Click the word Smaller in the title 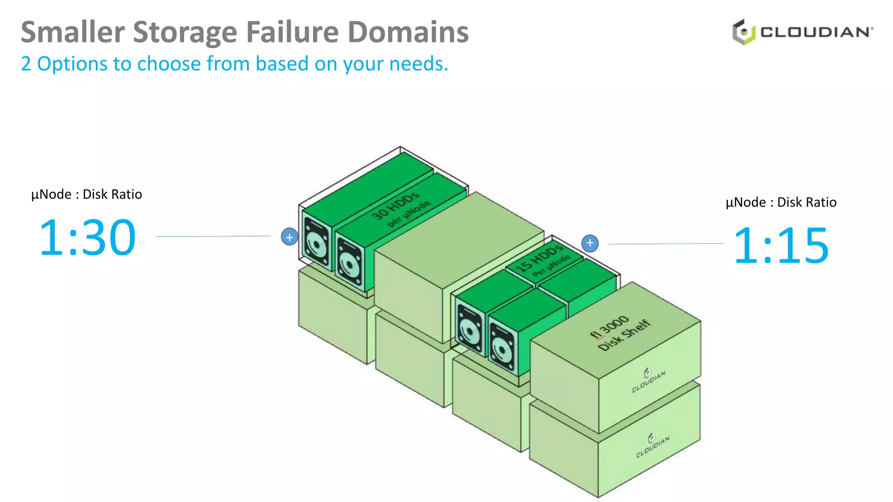(x=73, y=32)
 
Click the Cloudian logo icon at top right (x=743, y=32)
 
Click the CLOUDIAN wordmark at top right (x=816, y=32)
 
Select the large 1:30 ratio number (x=88, y=238)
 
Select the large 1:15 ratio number (x=781, y=246)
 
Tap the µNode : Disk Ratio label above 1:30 (x=86, y=194)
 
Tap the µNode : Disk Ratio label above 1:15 (x=781, y=203)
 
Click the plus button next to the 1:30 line (x=290, y=237)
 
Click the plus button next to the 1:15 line (x=590, y=243)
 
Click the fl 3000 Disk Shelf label (x=619, y=333)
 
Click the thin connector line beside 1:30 (x=213, y=237)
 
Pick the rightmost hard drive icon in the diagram (x=502, y=348)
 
